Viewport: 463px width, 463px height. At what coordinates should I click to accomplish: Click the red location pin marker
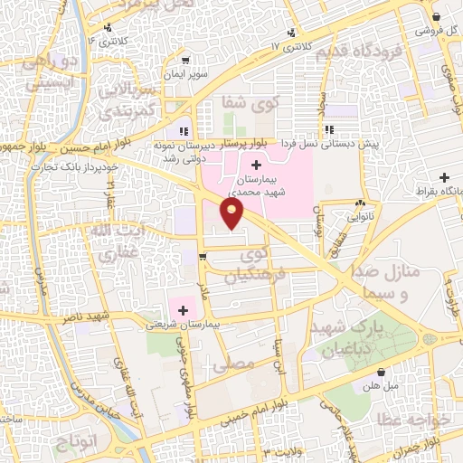click(x=232, y=212)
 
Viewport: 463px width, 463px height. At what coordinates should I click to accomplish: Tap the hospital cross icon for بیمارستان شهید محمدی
click(x=257, y=165)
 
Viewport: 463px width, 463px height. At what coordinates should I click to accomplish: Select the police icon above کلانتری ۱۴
click(x=109, y=28)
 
